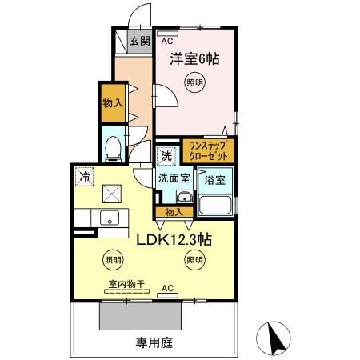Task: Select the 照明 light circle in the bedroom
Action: pyautogui.click(x=194, y=82)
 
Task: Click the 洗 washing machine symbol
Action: pyautogui.click(x=166, y=154)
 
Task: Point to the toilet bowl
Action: pyautogui.click(x=113, y=149)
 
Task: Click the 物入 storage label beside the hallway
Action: pyautogui.click(x=113, y=102)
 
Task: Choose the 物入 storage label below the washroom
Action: pyautogui.click(x=174, y=212)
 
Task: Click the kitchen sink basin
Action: pyautogui.click(x=110, y=218)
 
